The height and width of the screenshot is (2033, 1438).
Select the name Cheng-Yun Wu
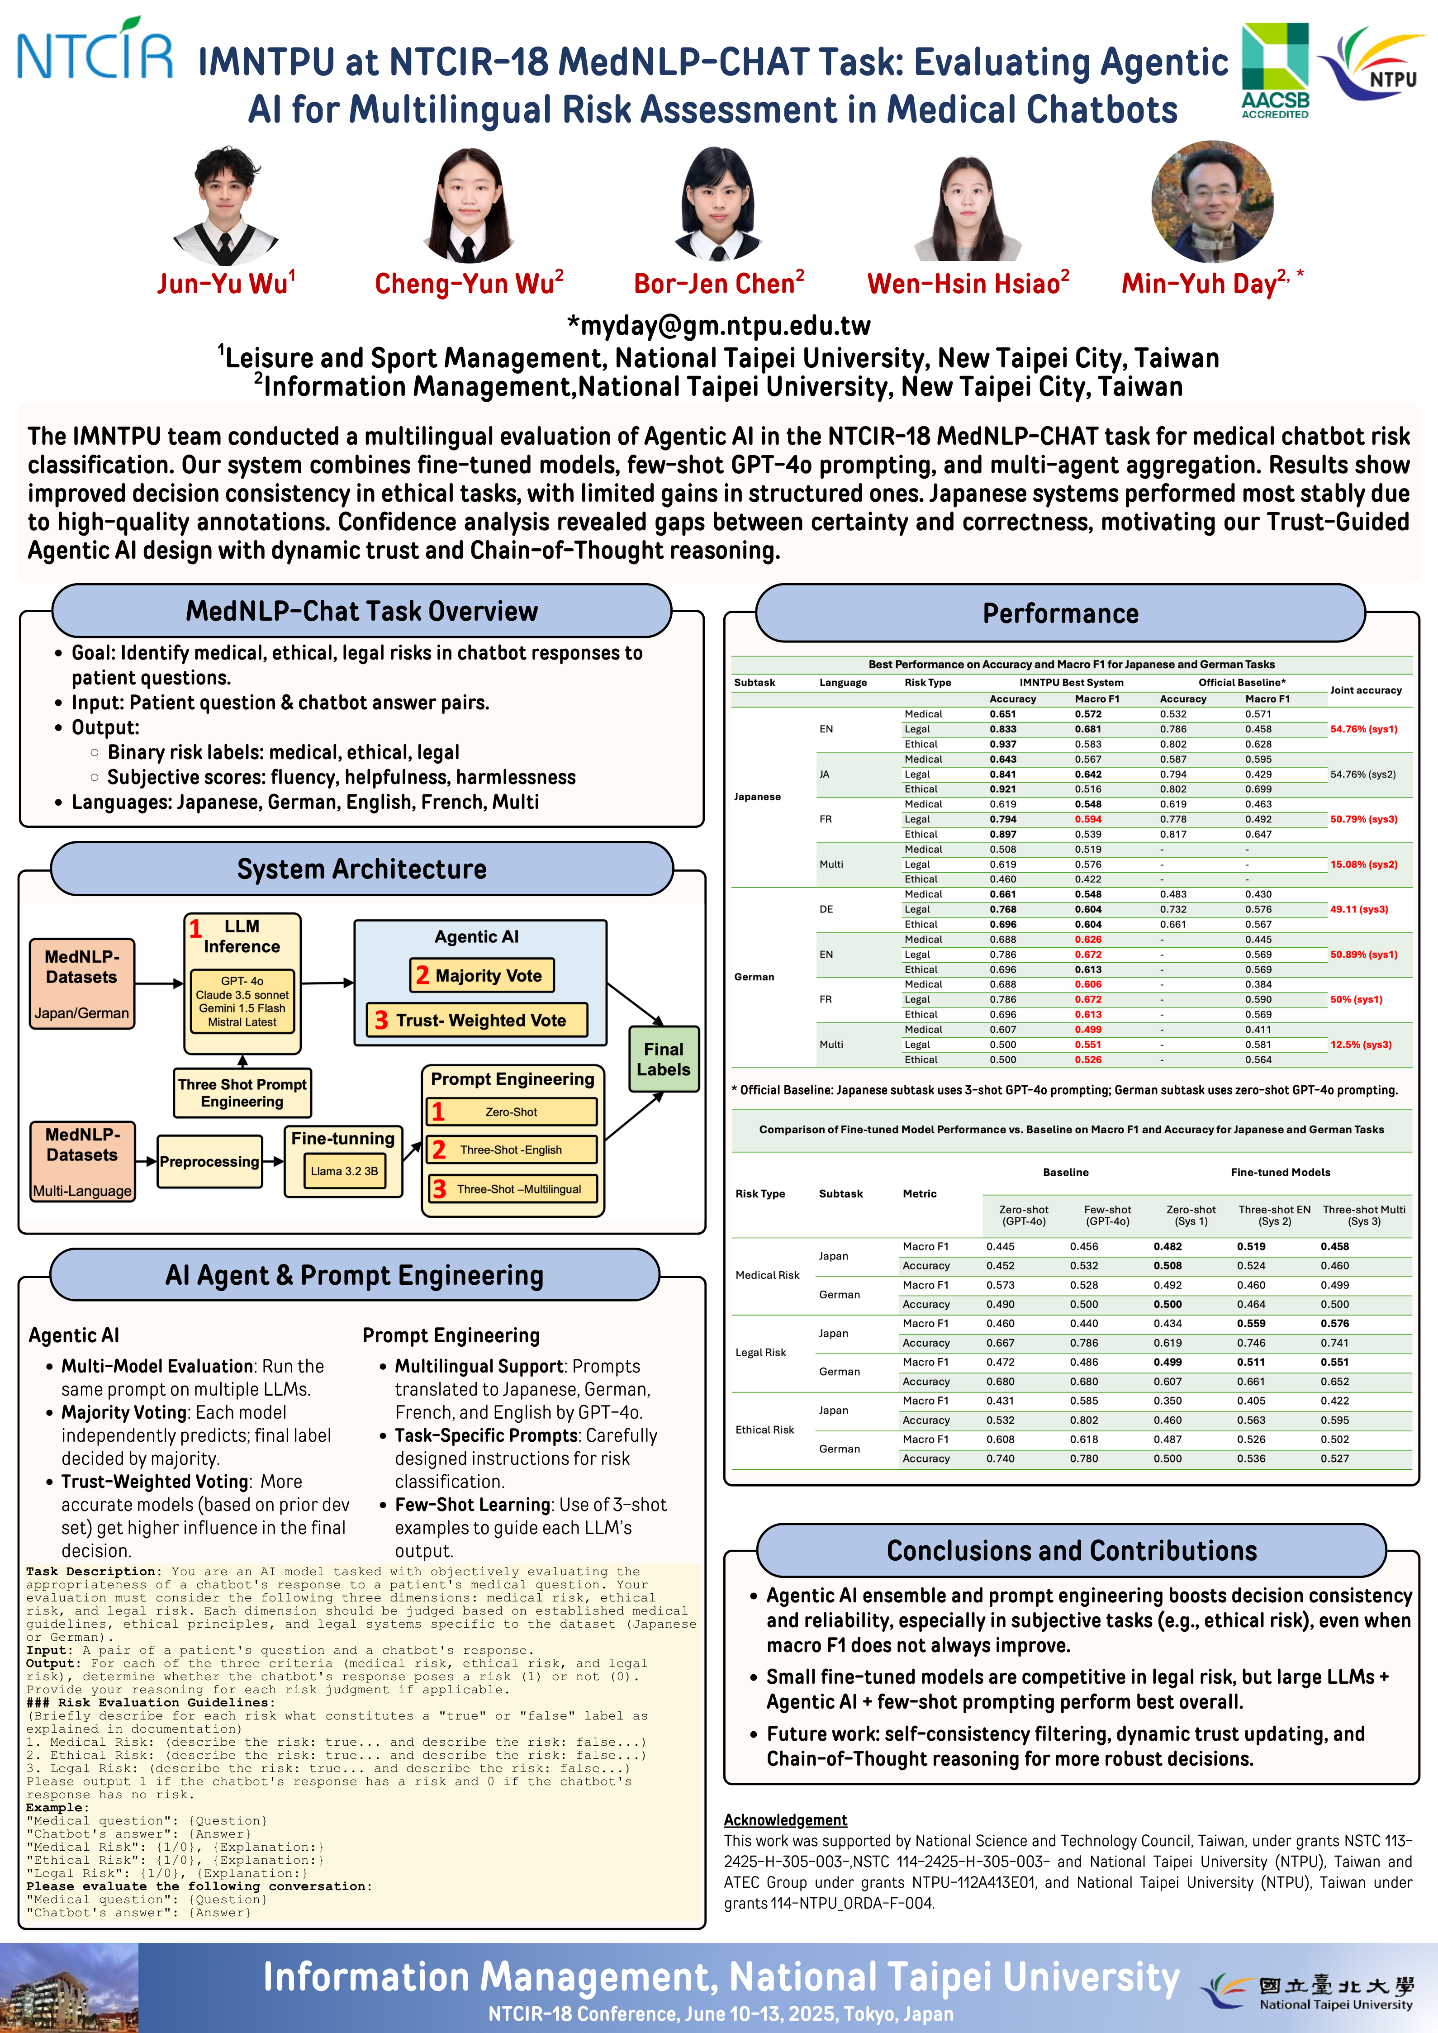(469, 283)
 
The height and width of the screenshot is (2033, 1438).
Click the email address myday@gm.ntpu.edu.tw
(719, 326)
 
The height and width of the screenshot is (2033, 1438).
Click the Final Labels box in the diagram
(663, 1059)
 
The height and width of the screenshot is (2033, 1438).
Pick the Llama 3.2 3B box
(344, 1171)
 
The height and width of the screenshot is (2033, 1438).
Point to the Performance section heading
(1061, 613)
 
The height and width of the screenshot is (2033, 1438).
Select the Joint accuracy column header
(1365, 690)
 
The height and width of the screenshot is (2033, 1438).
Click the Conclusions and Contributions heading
(1072, 1550)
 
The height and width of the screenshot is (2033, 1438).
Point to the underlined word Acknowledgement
(785, 1819)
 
